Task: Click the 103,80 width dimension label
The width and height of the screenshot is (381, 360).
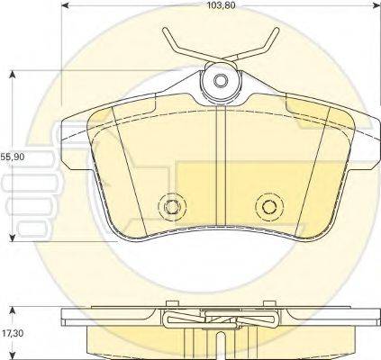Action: (x=221, y=5)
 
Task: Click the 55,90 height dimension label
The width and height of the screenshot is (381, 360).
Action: (x=13, y=157)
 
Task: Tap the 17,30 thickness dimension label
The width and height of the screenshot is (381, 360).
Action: (x=12, y=333)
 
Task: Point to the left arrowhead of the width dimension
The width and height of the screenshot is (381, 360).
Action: (x=66, y=5)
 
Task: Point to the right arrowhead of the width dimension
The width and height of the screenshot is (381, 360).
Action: (x=376, y=5)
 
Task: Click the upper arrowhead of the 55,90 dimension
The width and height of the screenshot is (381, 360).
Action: (x=13, y=75)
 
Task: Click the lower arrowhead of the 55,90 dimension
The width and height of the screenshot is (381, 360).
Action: (x=13, y=238)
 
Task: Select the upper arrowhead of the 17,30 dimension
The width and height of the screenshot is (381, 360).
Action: (x=13, y=310)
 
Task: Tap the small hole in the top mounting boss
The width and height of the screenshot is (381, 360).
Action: (x=221, y=81)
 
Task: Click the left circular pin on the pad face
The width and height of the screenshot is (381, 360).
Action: (x=172, y=206)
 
